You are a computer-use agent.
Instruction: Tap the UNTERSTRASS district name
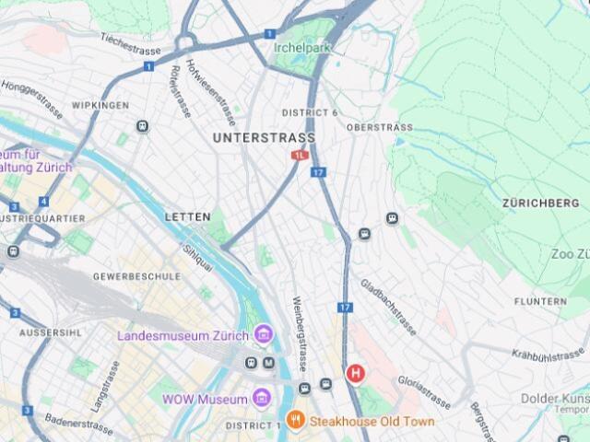tap(264, 138)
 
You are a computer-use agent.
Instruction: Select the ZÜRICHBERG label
tap(541, 203)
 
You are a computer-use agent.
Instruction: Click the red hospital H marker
tap(354, 373)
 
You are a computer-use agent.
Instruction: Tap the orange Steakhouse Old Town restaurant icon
tap(296, 421)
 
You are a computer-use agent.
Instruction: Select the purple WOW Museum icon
tap(262, 399)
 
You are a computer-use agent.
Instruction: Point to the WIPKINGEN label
tap(100, 106)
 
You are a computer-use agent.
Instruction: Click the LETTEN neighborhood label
tap(182, 217)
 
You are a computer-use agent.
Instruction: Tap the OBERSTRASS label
tap(378, 127)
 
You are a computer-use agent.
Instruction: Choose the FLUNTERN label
tap(540, 302)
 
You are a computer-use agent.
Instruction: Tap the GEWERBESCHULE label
tap(136, 276)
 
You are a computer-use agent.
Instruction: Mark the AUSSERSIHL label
tap(38, 331)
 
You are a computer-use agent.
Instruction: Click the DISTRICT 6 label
tap(310, 113)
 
